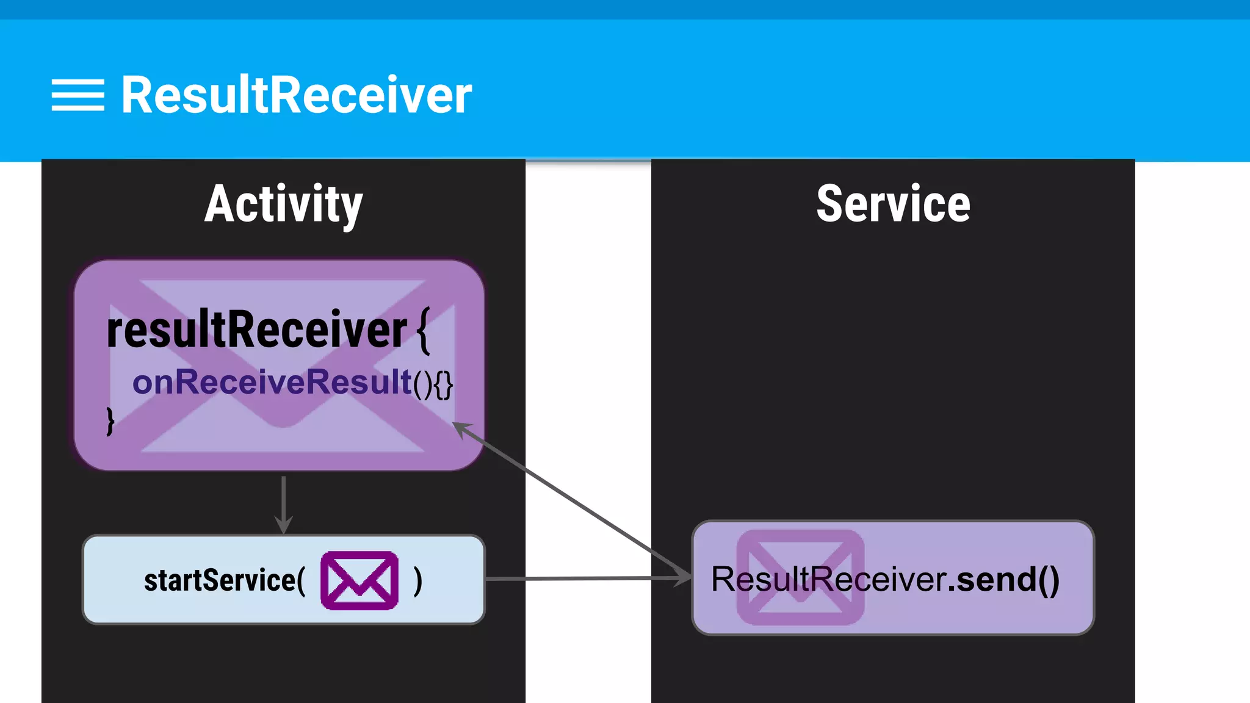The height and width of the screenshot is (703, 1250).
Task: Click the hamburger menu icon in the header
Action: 78,95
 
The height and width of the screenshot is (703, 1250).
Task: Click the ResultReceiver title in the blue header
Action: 296,95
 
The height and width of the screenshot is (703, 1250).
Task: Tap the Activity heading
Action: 283,204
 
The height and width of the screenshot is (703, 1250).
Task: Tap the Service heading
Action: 893,204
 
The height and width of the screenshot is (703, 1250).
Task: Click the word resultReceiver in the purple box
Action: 256,330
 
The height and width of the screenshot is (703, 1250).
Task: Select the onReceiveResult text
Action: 272,383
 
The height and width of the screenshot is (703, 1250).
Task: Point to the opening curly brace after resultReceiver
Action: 424,330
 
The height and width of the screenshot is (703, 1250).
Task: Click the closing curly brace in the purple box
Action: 110,421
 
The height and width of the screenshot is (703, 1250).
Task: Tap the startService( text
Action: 224,580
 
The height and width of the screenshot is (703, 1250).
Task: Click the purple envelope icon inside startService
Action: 359,580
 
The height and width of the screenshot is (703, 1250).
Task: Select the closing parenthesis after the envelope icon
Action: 417,580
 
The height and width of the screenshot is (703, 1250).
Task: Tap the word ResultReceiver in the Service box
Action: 828,579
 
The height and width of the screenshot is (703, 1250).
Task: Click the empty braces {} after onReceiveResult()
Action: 443,384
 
